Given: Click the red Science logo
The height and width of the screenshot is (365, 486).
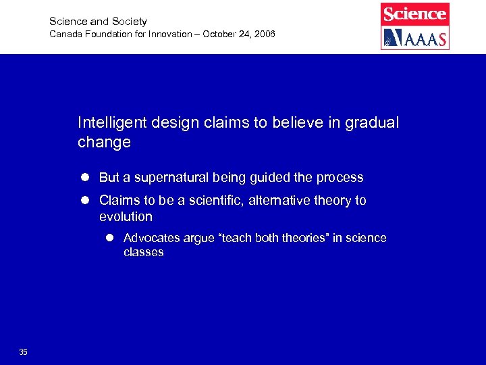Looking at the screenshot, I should [x=414, y=14].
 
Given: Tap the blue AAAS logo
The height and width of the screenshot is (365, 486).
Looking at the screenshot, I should [x=414, y=37].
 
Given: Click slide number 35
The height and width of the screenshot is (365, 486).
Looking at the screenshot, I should [x=24, y=352].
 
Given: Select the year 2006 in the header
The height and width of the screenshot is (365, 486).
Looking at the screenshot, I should [x=263, y=34].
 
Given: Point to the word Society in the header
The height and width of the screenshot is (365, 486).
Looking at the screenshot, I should [x=130, y=22].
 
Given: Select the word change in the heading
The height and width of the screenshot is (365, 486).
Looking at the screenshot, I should [x=104, y=143].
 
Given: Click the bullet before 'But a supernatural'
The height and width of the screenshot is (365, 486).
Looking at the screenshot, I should [x=86, y=178].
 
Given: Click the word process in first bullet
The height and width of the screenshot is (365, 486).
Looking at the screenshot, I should [x=339, y=178].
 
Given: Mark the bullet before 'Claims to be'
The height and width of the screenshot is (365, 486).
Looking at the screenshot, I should [x=86, y=201].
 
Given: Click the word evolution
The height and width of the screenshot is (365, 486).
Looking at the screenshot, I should [x=126, y=217].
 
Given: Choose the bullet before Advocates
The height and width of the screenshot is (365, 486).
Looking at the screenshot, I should [x=111, y=238].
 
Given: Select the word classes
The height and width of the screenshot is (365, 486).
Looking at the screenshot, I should [x=143, y=253].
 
